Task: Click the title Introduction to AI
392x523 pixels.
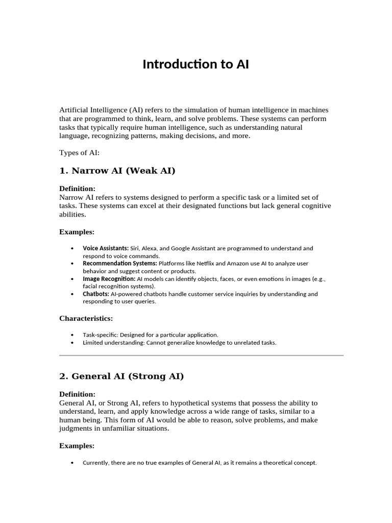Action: pyautogui.click(x=195, y=65)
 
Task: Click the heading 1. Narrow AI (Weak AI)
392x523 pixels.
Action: pyautogui.click(x=117, y=171)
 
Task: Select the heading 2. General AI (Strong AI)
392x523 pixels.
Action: pyautogui.click(x=121, y=376)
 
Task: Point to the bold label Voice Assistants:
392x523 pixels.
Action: pyautogui.click(x=106, y=248)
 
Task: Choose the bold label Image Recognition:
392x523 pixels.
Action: pyautogui.click(x=109, y=279)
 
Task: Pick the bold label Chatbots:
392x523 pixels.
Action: pyautogui.click(x=95, y=294)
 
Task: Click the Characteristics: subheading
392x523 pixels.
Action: pyautogui.click(x=86, y=318)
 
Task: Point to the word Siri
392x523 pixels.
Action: pyautogui.click(x=136, y=248)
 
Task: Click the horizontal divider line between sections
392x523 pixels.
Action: pyautogui.click(x=201, y=354)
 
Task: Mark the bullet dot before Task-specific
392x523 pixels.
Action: pyautogui.click(x=71, y=335)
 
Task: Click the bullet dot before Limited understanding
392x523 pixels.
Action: pyautogui.click(x=71, y=343)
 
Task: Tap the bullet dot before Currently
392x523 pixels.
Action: pyautogui.click(x=71, y=463)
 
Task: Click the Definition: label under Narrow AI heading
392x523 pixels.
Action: pyautogui.click(x=77, y=188)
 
